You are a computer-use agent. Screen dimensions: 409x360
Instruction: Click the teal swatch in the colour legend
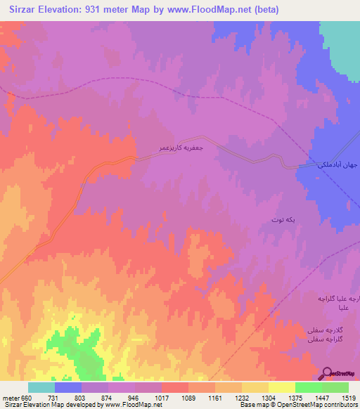click(x=41, y=387)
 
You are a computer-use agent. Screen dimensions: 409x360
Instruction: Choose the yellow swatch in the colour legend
click(x=281, y=387)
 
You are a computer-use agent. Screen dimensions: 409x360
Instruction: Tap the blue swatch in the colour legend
click(x=67, y=387)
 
